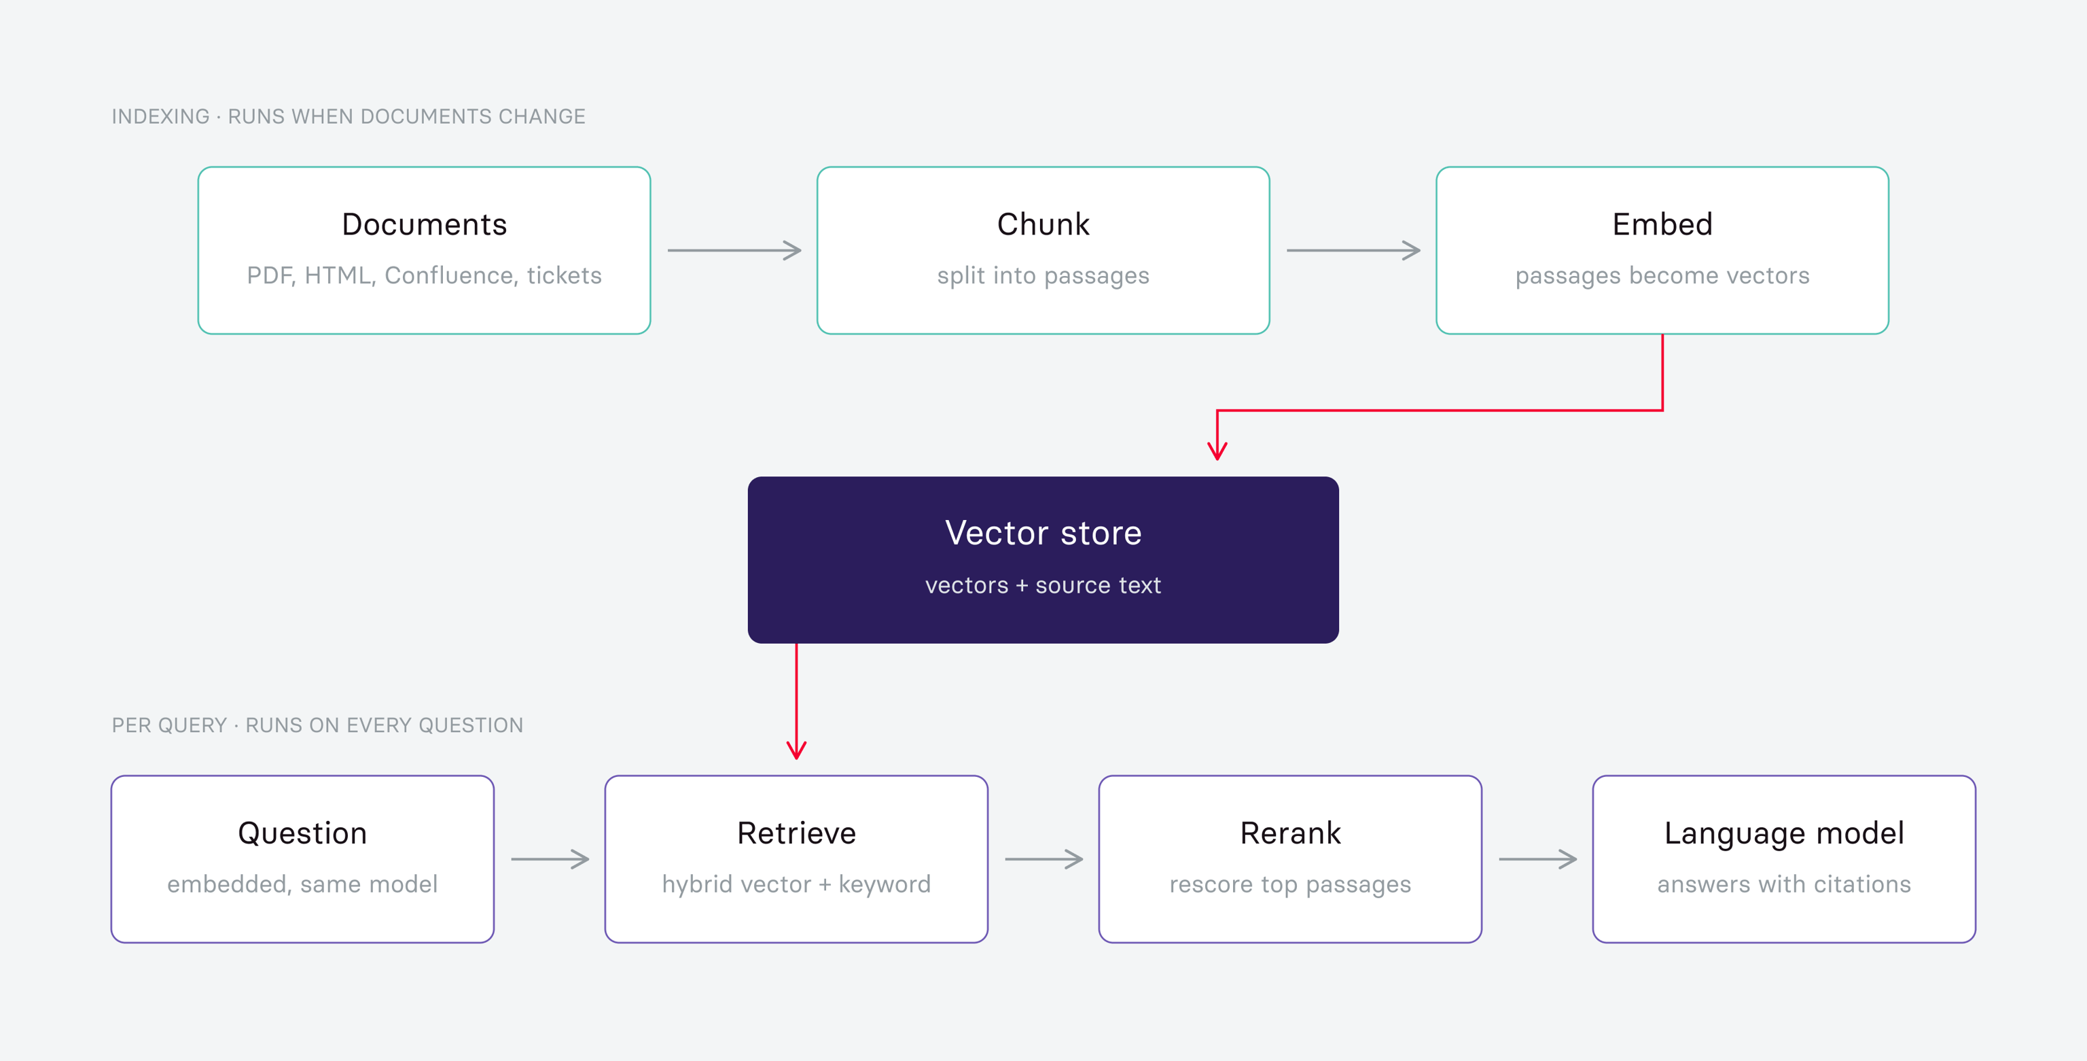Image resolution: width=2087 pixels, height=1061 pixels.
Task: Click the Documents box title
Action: [424, 224]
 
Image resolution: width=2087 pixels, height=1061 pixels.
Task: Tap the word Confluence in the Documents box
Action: [450, 275]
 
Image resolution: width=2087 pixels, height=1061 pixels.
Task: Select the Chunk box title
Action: [1043, 224]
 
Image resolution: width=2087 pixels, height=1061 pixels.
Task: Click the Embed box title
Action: [1662, 224]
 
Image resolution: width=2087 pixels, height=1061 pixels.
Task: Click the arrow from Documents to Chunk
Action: [734, 250]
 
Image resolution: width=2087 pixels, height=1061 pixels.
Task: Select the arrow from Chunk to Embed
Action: [1353, 250]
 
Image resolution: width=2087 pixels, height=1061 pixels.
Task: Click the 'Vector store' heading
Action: [1043, 534]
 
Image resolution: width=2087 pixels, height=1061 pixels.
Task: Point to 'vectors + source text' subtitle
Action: [1043, 585]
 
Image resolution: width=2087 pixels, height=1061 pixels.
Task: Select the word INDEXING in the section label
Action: [160, 117]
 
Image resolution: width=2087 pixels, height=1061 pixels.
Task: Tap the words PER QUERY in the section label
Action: [169, 725]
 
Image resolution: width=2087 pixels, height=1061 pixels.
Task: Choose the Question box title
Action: [302, 833]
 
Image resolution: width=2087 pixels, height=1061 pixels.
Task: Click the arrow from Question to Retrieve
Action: [550, 859]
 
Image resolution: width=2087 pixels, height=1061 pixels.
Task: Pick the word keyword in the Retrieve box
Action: [885, 884]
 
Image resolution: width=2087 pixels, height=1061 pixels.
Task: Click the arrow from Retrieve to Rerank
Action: [1043, 859]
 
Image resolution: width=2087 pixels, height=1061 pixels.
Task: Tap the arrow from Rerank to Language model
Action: [1537, 859]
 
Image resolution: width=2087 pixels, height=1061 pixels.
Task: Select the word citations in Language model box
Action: [1861, 884]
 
